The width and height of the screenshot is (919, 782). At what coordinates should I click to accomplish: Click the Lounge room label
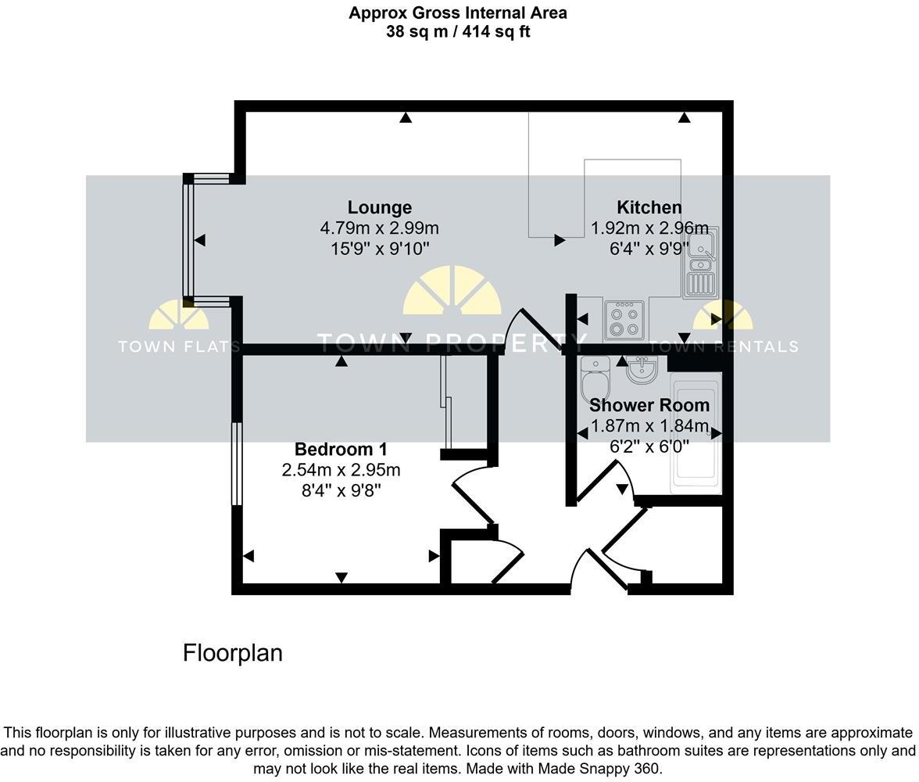379,207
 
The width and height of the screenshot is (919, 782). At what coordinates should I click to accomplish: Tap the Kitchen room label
649,207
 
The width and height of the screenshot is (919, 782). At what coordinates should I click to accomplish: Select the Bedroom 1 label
341,449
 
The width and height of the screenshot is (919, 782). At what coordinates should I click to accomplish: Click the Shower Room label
649,405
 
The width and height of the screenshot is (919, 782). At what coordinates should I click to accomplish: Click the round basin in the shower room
642,370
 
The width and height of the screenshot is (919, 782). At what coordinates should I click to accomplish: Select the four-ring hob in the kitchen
624,319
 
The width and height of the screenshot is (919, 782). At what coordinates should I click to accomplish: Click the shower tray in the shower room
696,434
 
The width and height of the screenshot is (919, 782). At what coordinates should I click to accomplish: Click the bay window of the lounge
188,240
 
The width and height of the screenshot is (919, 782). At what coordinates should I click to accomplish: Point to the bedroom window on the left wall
235,464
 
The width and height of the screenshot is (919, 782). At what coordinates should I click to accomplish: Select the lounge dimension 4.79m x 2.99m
379,228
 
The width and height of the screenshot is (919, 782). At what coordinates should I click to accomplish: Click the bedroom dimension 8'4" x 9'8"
341,490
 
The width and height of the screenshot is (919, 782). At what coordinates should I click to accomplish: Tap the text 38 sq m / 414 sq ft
458,32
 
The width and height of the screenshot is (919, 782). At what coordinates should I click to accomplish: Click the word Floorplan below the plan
232,653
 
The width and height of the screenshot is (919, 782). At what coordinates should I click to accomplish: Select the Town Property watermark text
452,342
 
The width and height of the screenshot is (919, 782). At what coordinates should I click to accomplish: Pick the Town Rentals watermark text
724,346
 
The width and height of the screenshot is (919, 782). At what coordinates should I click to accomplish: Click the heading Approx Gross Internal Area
458,13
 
